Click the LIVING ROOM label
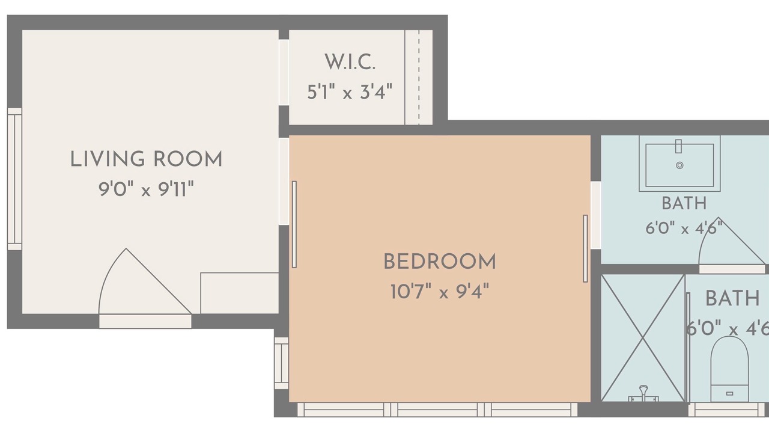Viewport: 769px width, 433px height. pyautogui.click(x=146, y=159)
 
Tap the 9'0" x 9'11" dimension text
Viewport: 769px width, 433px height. pyautogui.click(x=146, y=189)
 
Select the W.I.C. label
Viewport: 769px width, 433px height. pyautogui.click(x=350, y=62)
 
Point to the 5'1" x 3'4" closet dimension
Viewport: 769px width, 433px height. pyautogui.click(x=350, y=92)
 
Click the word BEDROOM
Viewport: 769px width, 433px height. pyautogui.click(x=440, y=262)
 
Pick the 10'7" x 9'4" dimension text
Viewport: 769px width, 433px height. pyautogui.click(x=440, y=292)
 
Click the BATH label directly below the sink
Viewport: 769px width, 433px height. pyautogui.click(x=684, y=203)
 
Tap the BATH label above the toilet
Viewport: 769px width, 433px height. pyautogui.click(x=732, y=298)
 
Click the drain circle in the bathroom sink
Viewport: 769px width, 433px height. pyautogui.click(x=679, y=165)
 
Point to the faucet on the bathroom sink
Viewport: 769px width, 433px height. pyautogui.click(x=678, y=146)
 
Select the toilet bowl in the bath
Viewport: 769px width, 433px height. pyautogui.click(x=729, y=361)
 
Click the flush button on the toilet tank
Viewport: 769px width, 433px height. pyautogui.click(x=730, y=393)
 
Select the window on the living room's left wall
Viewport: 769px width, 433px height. pyautogui.click(x=14, y=179)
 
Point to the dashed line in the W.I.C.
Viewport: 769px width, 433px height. pyautogui.click(x=419, y=78)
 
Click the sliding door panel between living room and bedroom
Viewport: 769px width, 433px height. pyautogui.click(x=294, y=224)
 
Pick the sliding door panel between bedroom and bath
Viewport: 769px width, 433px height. pyautogui.click(x=585, y=248)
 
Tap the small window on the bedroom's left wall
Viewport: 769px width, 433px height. pyautogui.click(x=282, y=363)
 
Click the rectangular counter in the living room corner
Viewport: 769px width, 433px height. pyautogui.click(x=240, y=293)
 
